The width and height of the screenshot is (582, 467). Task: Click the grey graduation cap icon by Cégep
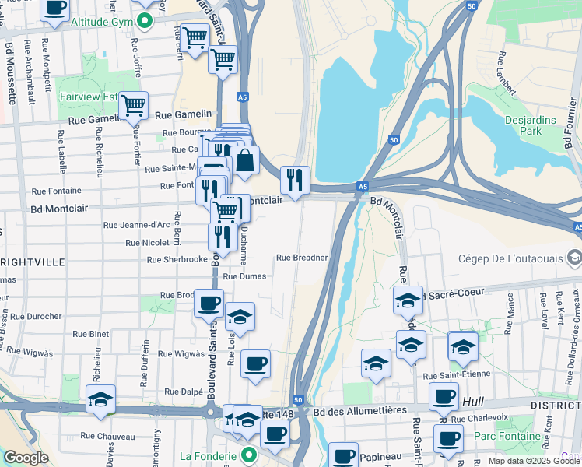point(574,258)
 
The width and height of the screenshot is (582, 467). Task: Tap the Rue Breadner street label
point(302,258)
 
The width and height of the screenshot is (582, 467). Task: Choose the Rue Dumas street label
point(244,276)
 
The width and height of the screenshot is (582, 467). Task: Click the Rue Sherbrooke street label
point(177,259)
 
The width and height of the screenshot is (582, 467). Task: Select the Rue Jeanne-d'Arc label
point(136,225)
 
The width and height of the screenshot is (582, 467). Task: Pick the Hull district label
point(472,402)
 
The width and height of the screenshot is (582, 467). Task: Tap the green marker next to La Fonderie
point(250,455)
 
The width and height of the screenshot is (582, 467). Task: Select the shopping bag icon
point(244,160)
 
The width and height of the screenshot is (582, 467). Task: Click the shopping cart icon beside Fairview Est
point(134,104)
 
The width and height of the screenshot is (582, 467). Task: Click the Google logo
point(26,458)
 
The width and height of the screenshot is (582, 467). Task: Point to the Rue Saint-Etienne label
point(457,374)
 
